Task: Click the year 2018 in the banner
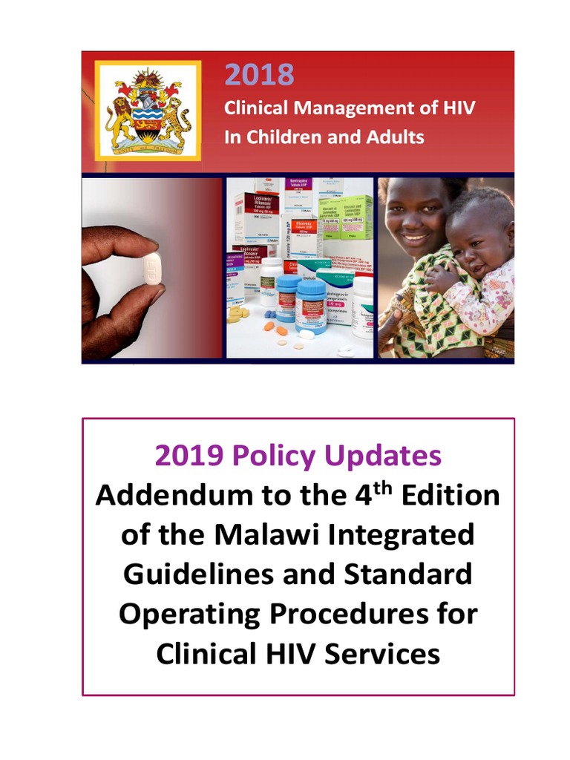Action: point(259,75)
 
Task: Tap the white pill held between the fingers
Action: point(151,270)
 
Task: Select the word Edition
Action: point(451,495)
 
